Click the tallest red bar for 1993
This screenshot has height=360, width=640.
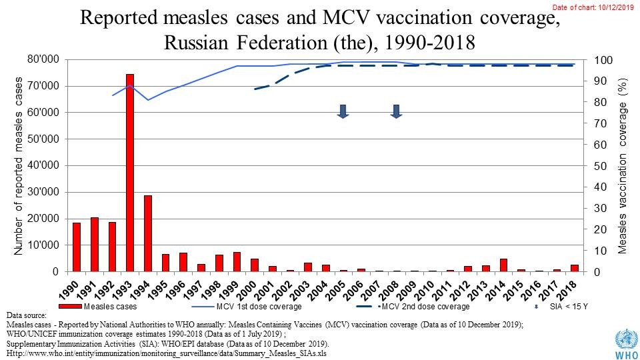click(130, 173)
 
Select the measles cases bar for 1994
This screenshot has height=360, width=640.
click(148, 233)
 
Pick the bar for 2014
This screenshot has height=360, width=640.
click(504, 265)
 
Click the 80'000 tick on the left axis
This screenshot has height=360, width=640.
click(42, 60)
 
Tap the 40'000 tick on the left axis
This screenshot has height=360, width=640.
click(42, 166)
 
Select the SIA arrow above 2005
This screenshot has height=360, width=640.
click(343, 111)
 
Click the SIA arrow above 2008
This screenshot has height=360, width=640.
click(395, 111)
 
